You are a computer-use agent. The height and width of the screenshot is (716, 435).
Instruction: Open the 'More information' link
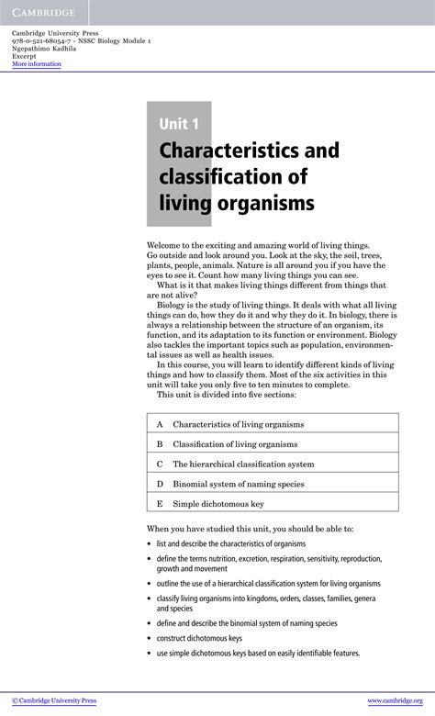37,64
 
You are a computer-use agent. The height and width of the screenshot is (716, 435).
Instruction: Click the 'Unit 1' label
178,124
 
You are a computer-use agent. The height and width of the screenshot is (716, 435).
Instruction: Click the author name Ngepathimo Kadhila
44,49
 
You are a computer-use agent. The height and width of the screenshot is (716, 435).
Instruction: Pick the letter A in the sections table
160,425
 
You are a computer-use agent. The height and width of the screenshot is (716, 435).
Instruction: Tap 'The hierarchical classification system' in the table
243,464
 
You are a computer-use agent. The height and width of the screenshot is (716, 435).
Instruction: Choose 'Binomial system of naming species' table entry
238,484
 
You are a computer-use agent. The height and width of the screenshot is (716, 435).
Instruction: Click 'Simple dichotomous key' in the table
217,504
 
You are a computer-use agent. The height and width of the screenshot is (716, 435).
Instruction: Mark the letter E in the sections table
160,504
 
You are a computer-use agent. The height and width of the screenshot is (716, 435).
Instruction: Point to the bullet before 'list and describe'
150,543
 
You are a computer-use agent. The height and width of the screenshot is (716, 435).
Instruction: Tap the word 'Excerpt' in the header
24,56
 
